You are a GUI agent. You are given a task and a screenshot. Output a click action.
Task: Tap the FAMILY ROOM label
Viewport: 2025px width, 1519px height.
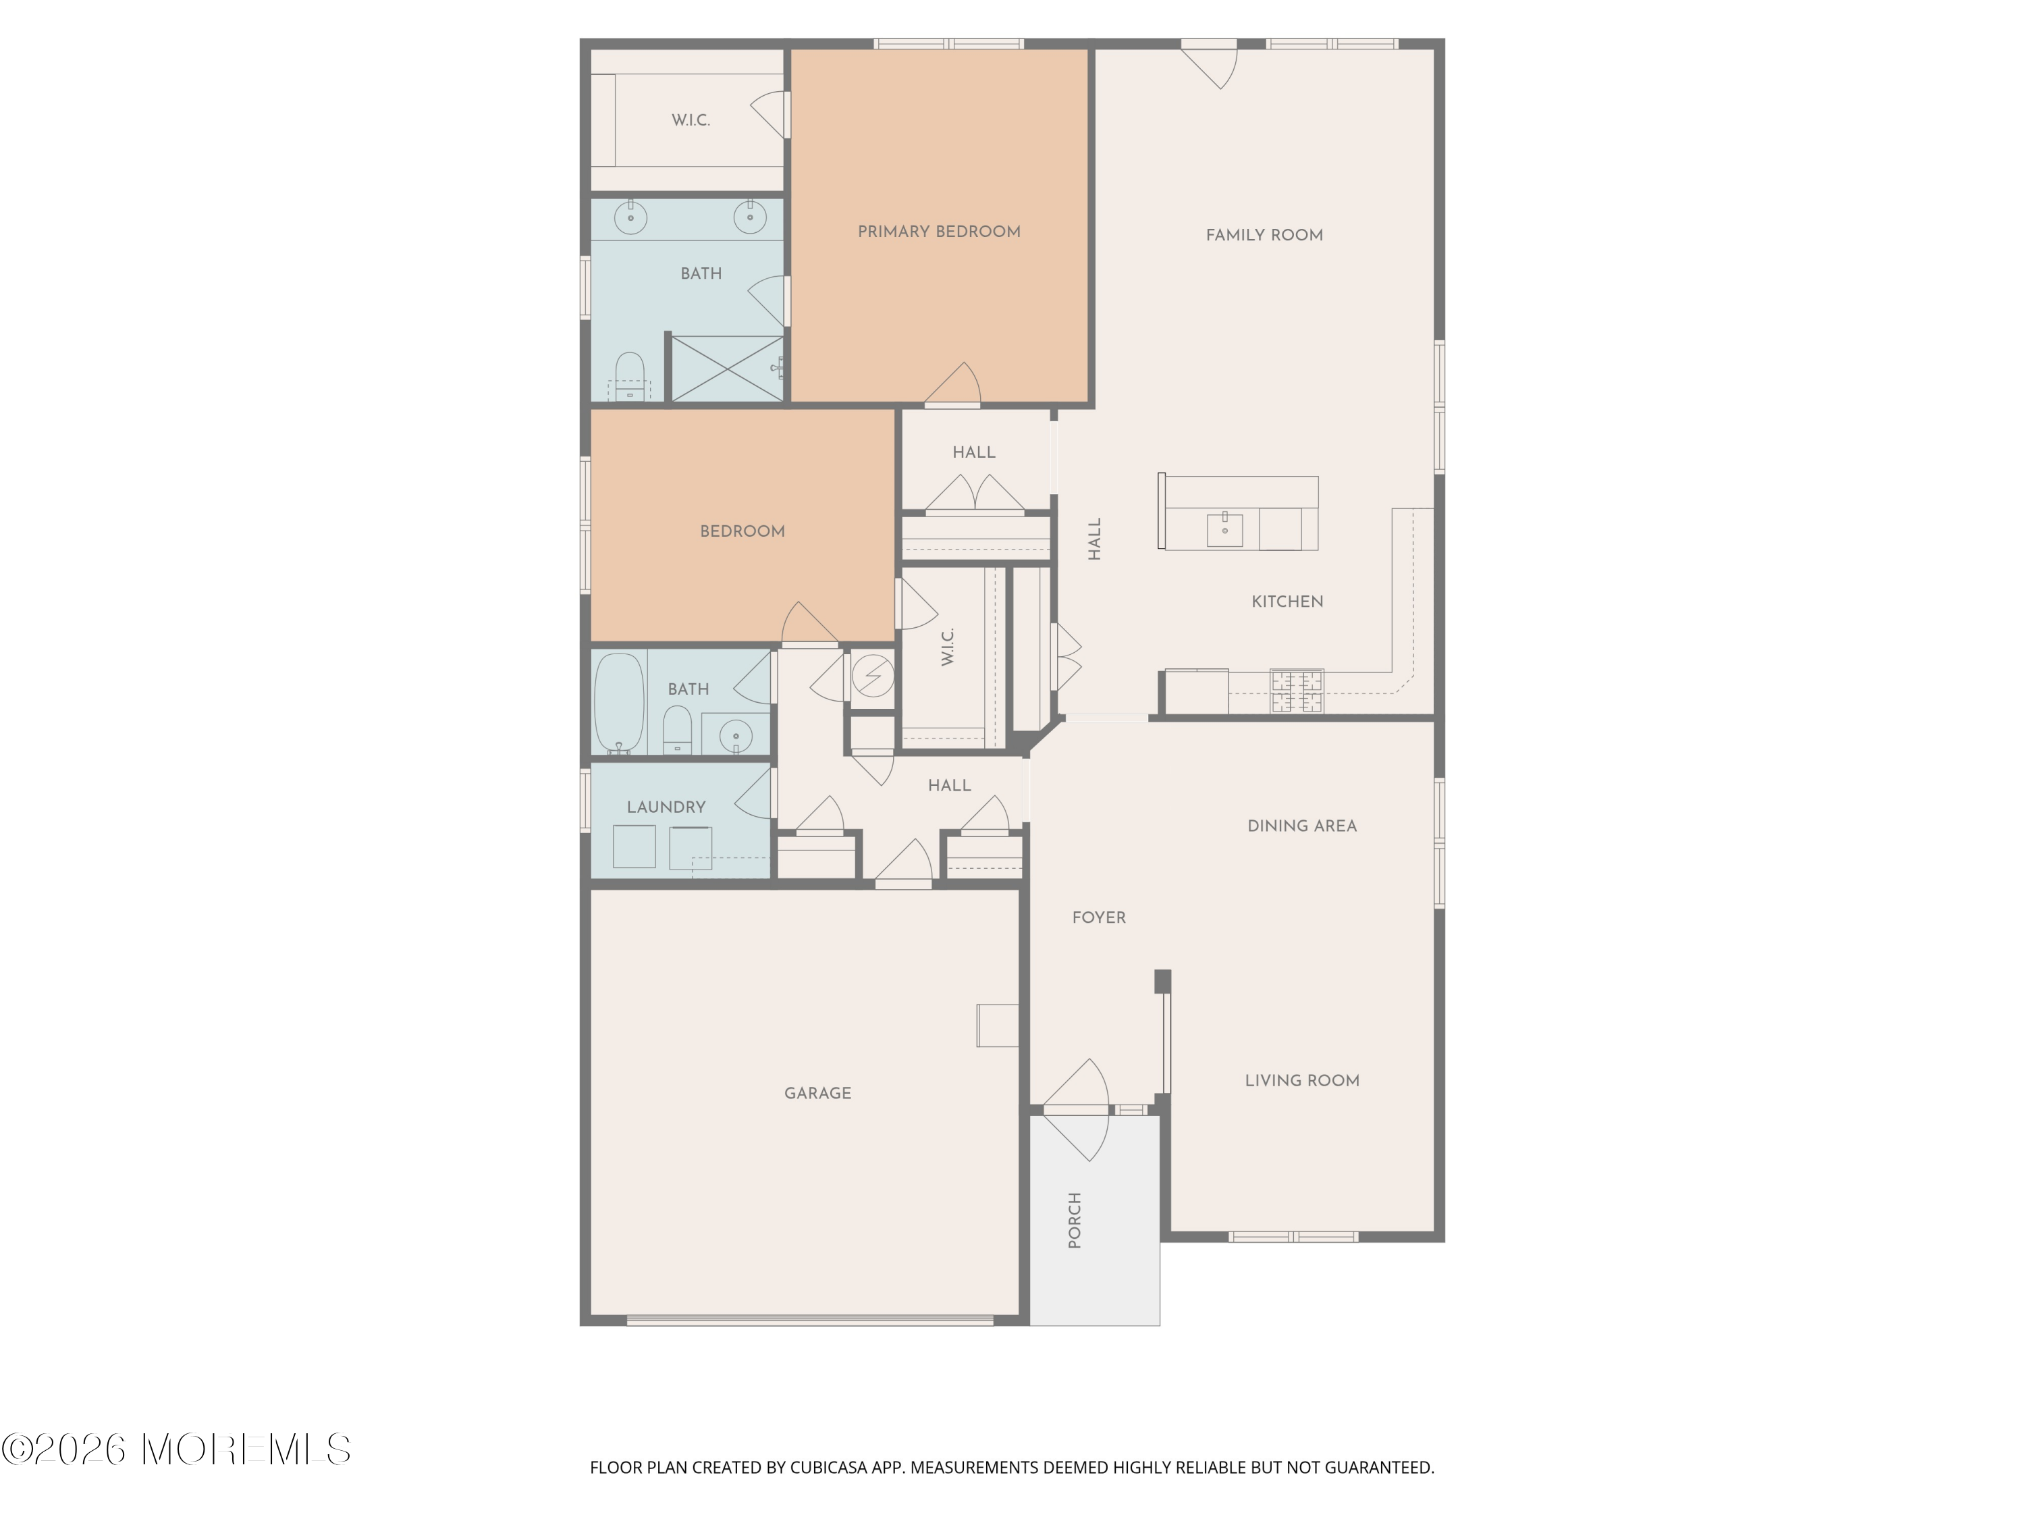click(x=1264, y=236)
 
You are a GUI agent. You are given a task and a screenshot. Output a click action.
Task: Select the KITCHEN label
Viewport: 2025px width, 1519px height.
click(x=1287, y=602)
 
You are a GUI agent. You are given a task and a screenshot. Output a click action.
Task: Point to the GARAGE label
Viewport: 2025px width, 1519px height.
click(x=817, y=1093)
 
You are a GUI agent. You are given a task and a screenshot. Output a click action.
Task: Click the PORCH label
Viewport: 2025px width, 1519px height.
click(x=1075, y=1221)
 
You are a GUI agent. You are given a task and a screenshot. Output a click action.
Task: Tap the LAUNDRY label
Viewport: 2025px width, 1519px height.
click(x=666, y=807)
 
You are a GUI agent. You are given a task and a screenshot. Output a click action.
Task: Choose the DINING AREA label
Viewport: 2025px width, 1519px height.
click(x=1302, y=826)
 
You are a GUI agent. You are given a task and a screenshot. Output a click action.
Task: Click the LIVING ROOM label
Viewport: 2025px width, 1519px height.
click(x=1302, y=1080)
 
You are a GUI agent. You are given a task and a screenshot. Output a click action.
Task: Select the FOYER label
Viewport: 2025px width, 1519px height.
click(x=1098, y=917)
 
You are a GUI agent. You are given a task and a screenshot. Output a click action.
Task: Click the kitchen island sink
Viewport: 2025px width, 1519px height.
click(x=1225, y=529)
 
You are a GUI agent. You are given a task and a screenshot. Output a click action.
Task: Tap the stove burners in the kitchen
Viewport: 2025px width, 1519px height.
click(x=1296, y=691)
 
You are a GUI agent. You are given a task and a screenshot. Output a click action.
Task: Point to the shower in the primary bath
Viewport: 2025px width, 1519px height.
click(x=728, y=368)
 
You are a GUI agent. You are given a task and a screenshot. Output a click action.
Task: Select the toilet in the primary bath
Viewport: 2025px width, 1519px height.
click(x=629, y=376)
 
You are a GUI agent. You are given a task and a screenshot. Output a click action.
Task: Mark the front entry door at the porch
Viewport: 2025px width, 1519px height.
click(x=1076, y=1110)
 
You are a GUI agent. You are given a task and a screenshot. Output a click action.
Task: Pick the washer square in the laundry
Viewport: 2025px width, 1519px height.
click(x=634, y=847)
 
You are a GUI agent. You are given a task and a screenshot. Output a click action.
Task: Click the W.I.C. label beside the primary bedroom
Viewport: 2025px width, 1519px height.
click(x=691, y=121)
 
